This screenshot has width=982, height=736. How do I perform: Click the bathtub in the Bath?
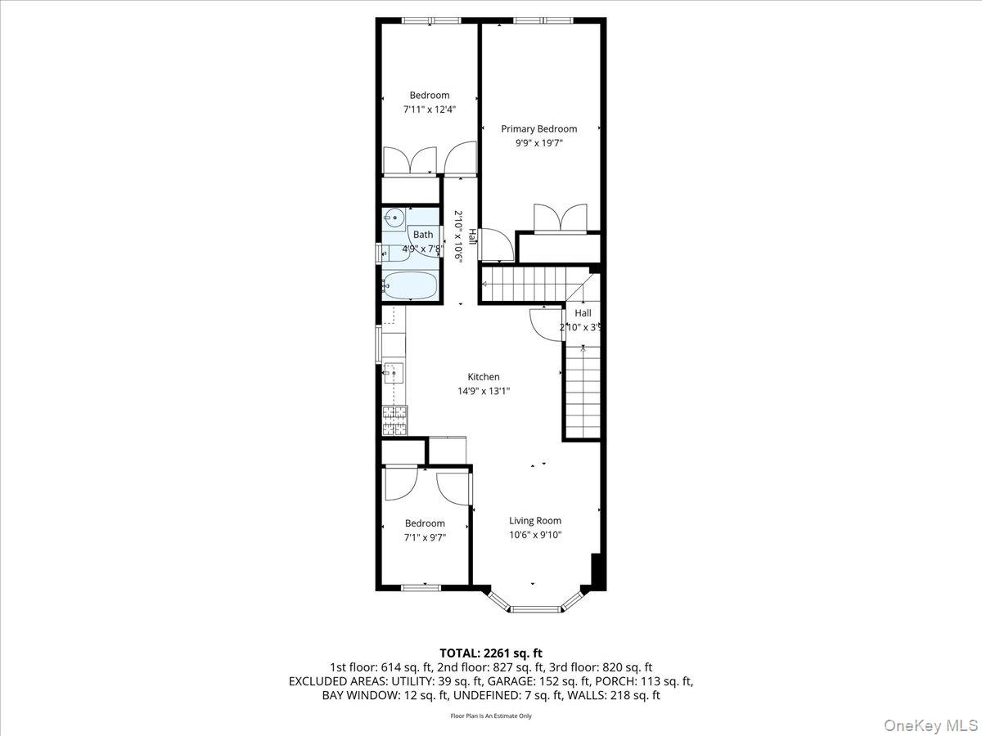click(x=410, y=285)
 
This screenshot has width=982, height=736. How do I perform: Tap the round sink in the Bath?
click(x=394, y=218)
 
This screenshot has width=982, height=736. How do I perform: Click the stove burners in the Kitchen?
click(x=394, y=420)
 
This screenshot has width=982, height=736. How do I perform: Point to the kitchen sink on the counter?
click(x=394, y=374)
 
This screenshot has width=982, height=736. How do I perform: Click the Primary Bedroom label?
click(x=538, y=128)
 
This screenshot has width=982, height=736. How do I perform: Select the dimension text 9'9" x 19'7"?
click(x=538, y=142)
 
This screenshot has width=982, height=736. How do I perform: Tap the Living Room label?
click(x=535, y=520)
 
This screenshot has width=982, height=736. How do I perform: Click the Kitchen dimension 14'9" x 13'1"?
click(x=484, y=391)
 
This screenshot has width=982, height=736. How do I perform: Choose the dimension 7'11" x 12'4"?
click(x=430, y=109)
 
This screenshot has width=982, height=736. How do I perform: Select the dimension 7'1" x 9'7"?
click(x=425, y=537)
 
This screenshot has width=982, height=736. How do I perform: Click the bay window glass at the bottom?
click(x=534, y=608)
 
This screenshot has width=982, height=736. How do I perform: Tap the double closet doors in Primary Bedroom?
click(x=560, y=218)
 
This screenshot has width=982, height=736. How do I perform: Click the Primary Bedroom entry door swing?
click(x=495, y=244)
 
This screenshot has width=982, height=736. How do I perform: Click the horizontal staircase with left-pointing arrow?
click(x=524, y=285)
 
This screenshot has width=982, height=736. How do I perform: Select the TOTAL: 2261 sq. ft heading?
click(x=490, y=653)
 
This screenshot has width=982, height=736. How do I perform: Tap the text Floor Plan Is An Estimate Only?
click(x=490, y=716)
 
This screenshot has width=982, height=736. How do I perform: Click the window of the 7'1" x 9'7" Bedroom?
click(x=421, y=586)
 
